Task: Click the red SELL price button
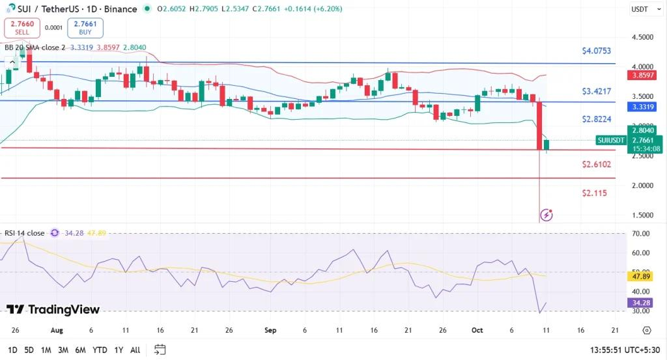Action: click(21, 27)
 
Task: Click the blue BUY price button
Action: click(85, 27)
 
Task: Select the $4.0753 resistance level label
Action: click(597, 51)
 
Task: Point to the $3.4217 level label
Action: click(597, 91)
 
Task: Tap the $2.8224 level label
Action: click(597, 120)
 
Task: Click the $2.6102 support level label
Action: click(597, 165)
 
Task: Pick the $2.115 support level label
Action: click(595, 193)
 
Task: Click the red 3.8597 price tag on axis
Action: click(644, 76)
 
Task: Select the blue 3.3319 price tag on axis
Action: click(644, 107)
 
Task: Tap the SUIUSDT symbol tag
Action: click(611, 140)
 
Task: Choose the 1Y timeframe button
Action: click(119, 350)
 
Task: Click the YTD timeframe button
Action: click(100, 350)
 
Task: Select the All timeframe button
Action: click(135, 350)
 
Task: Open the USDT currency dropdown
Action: click(640, 9)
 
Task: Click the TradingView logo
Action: click(53, 310)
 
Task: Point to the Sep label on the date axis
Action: click(271, 331)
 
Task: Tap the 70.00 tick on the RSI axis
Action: click(641, 233)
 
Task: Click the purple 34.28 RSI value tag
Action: click(641, 303)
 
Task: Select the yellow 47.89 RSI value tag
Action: click(641, 276)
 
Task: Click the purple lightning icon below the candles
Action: click(547, 214)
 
